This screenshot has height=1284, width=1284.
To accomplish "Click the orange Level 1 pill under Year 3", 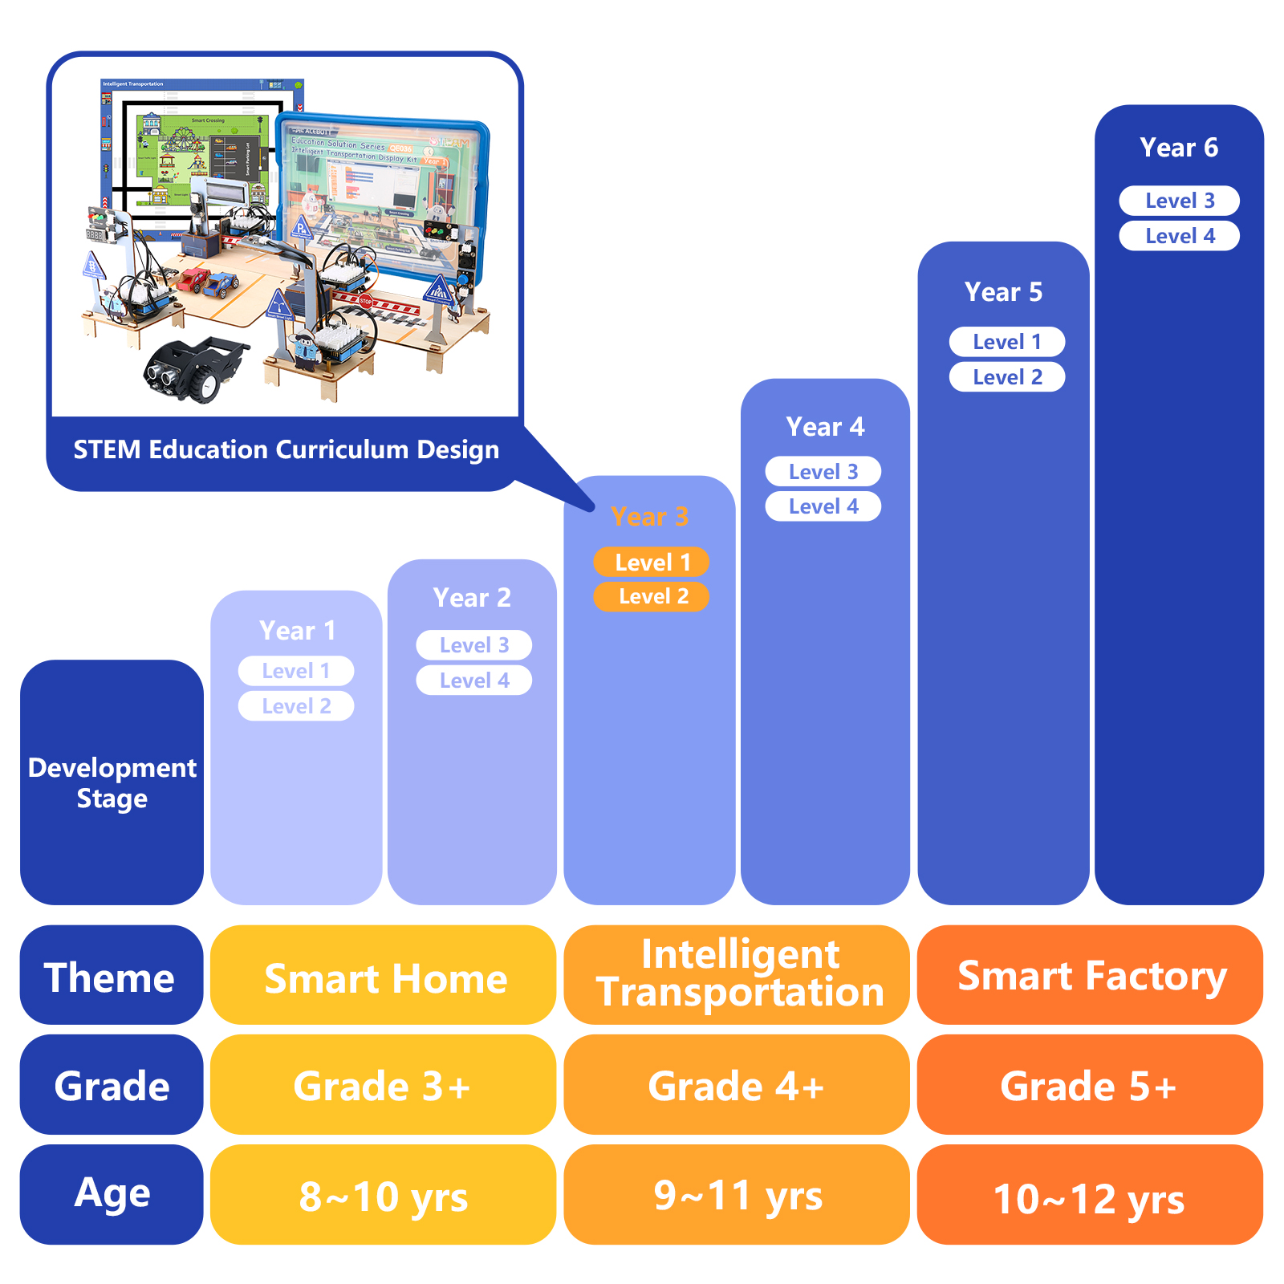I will pos(651,562).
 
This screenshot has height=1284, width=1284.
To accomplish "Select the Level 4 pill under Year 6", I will pos(1179,236).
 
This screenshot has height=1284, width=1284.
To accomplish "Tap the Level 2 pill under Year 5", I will pos(1006,377).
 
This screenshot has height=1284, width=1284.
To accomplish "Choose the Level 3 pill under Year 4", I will pos(823,471).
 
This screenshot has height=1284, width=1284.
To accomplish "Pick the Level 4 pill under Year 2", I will pos(473,681).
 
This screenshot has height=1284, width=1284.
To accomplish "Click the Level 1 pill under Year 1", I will pos(295,671).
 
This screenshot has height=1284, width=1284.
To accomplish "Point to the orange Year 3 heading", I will pos(649,517).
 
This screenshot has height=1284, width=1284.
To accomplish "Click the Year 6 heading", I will pos(1178,148).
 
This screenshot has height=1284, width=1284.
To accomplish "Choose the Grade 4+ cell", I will pos(736,1085).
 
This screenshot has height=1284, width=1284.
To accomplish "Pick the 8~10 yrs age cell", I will pos(383,1196).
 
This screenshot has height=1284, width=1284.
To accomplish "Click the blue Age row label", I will pos(112,1194).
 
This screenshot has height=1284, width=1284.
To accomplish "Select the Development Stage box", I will pos(112,782).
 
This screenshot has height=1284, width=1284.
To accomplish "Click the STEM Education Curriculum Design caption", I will pos(286,450).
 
